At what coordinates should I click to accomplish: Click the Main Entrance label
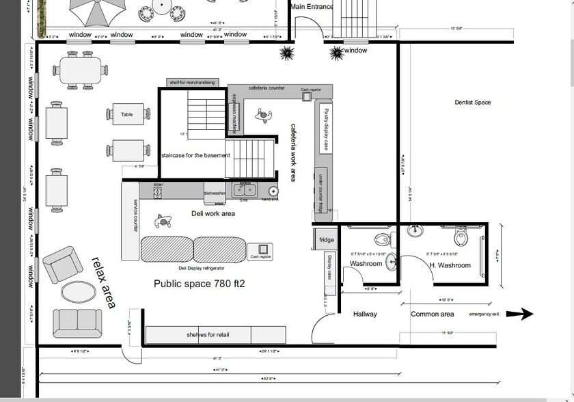click(x=312, y=7)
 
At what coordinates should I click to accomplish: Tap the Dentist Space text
click(x=473, y=103)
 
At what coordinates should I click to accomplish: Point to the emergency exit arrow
click(x=523, y=314)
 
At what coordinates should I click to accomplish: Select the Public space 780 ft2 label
click(x=199, y=284)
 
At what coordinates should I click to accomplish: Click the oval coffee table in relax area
click(x=79, y=292)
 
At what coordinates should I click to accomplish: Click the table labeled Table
click(x=127, y=115)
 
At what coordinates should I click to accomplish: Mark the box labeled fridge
click(x=327, y=240)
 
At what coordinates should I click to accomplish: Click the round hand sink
click(x=274, y=192)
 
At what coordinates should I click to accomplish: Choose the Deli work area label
click(x=213, y=214)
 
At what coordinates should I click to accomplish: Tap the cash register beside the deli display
click(x=260, y=251)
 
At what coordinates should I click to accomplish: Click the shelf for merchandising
click(x=193, y=83)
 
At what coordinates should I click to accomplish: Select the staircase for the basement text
click(x=195, y=155)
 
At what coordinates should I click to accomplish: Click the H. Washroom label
click(x=450, y=265)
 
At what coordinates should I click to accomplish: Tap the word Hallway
click(x=365, y=314)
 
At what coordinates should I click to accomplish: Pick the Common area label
click(x=432, y=314)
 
